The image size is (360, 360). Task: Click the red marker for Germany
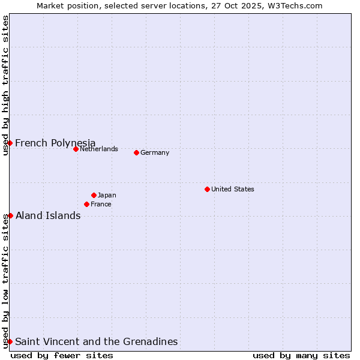tap(136, 152)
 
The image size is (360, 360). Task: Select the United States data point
tap(207, 189)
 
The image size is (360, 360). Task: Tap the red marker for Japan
tap(94, 195)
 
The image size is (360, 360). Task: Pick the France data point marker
tap(86, 204)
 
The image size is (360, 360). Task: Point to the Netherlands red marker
tap(76, 149)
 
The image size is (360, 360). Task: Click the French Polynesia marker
tap(10, 143)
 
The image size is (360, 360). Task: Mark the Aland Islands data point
tap(10, 215)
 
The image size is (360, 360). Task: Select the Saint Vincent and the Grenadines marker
tap(10, 341)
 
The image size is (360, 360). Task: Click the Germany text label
tap(155, 152)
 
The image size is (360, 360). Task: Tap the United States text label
tap(232, 189)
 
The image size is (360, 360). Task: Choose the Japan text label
tap(107, 195)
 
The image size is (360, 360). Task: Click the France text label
tap(101, 204)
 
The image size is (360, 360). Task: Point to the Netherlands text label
tap(98, 149)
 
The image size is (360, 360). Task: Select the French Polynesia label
tap(55, 143)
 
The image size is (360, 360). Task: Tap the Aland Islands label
tap(48, 215)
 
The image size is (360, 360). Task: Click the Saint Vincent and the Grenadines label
tap(96, 341)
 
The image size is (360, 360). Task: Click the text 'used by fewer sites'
tap(62, 355)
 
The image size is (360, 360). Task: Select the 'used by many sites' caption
tap(301, 355)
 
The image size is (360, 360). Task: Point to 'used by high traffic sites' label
tap(5, 85)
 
